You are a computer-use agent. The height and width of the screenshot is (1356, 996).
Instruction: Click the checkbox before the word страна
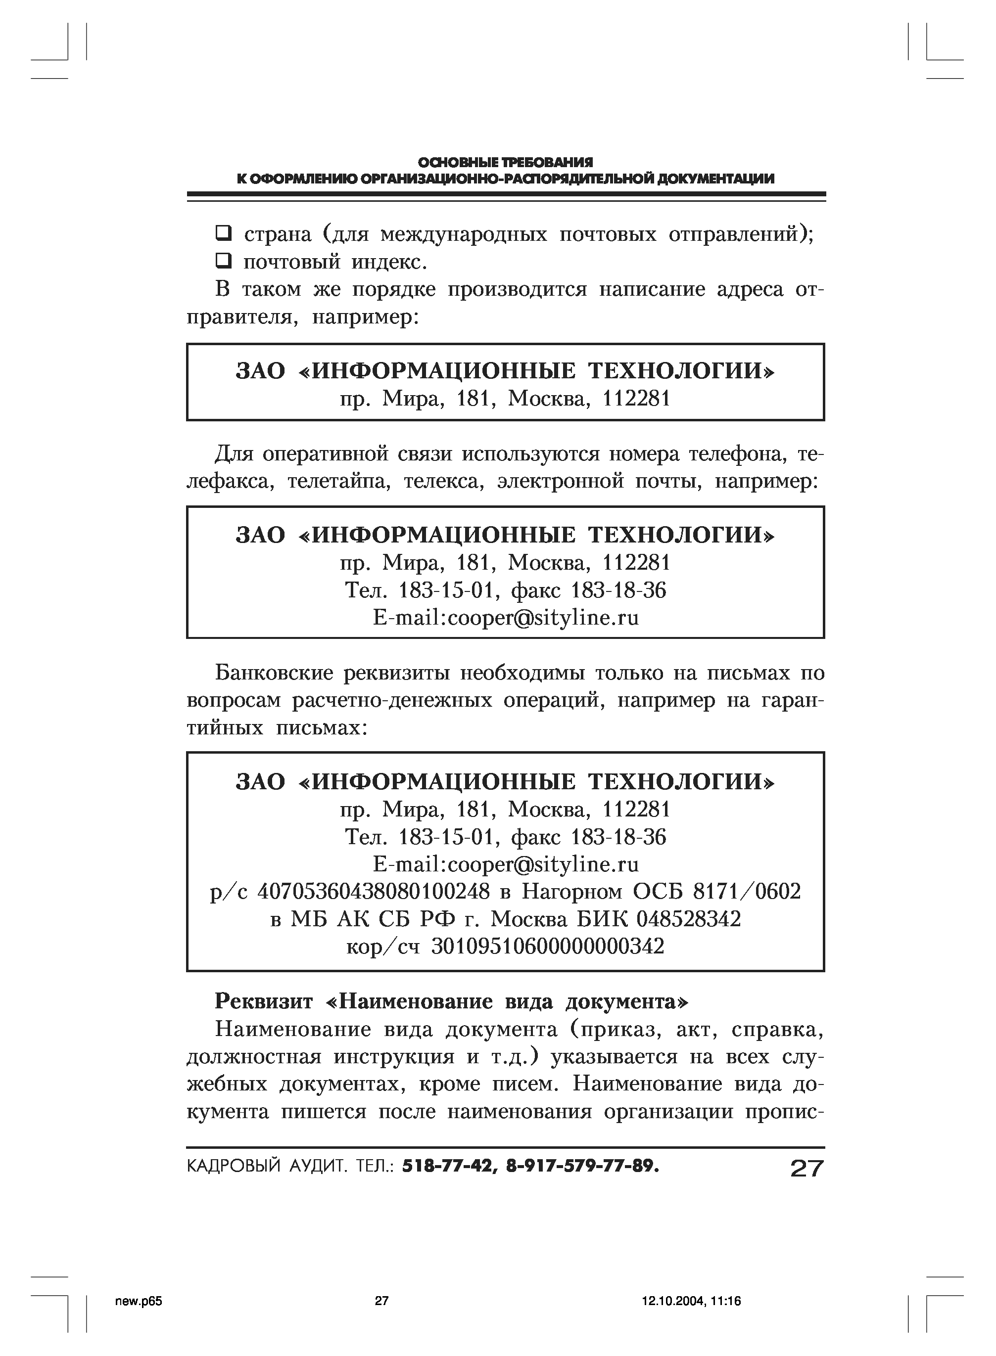tap(224, 232)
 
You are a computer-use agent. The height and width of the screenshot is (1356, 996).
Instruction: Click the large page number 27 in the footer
tap(806, 1169)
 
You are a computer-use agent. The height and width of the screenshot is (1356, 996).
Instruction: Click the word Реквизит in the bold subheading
tap(263, 1001)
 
